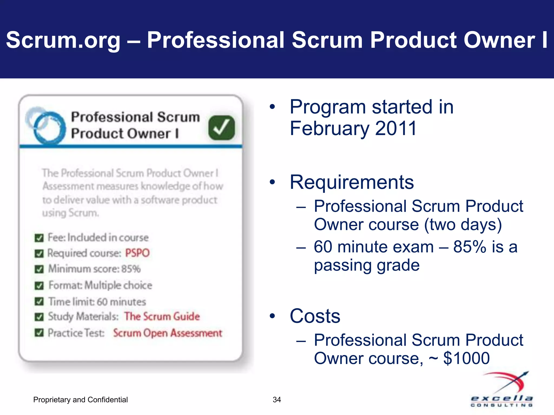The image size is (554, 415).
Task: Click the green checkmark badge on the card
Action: (222, 128)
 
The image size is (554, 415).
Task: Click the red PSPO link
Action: (137, 253)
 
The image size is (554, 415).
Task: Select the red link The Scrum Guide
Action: (162, 316)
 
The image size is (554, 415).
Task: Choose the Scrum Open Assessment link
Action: (167, 333)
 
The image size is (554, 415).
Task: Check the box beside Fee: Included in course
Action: (39, 238)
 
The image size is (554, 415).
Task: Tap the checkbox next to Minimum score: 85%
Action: (39, 269)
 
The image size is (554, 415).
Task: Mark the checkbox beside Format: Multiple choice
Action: (39, 286)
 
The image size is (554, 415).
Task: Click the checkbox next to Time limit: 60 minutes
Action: (39, 302)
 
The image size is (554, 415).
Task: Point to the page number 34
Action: (277, 400)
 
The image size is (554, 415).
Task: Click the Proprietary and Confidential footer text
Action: (80, 400)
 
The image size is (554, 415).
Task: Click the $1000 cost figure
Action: (466, 358)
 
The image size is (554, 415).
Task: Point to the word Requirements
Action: (352, 182)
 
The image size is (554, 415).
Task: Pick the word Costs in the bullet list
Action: (315, 316)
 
